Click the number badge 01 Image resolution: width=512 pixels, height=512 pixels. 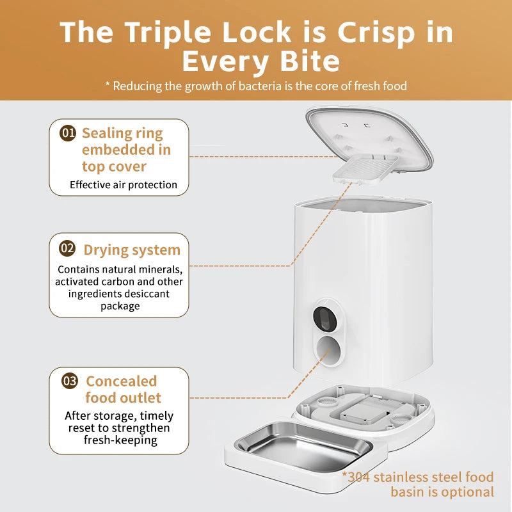tap(68, 133)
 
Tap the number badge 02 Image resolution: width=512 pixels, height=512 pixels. tap(67, 248)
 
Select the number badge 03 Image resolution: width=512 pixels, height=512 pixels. tap(70, 381)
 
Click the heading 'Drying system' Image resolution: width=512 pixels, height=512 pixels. tap(132, 250)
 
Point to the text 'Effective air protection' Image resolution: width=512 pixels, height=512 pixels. tap(124, 185)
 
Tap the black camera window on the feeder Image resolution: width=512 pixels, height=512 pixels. tap(324, 317)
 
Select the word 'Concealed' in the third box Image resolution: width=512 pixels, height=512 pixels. tap(121, 381)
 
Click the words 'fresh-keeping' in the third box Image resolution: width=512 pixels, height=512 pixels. tap(119, 440)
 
